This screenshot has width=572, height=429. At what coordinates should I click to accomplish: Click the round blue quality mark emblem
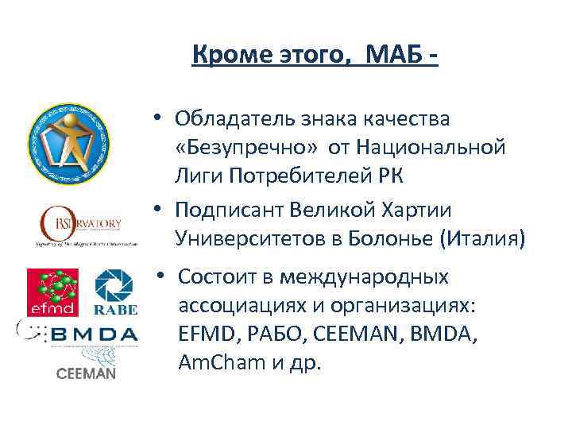[x=68, y=145]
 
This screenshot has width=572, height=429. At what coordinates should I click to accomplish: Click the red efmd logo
[x=53, y=292]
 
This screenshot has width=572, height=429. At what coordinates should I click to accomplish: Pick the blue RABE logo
[x=115, y=292]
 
